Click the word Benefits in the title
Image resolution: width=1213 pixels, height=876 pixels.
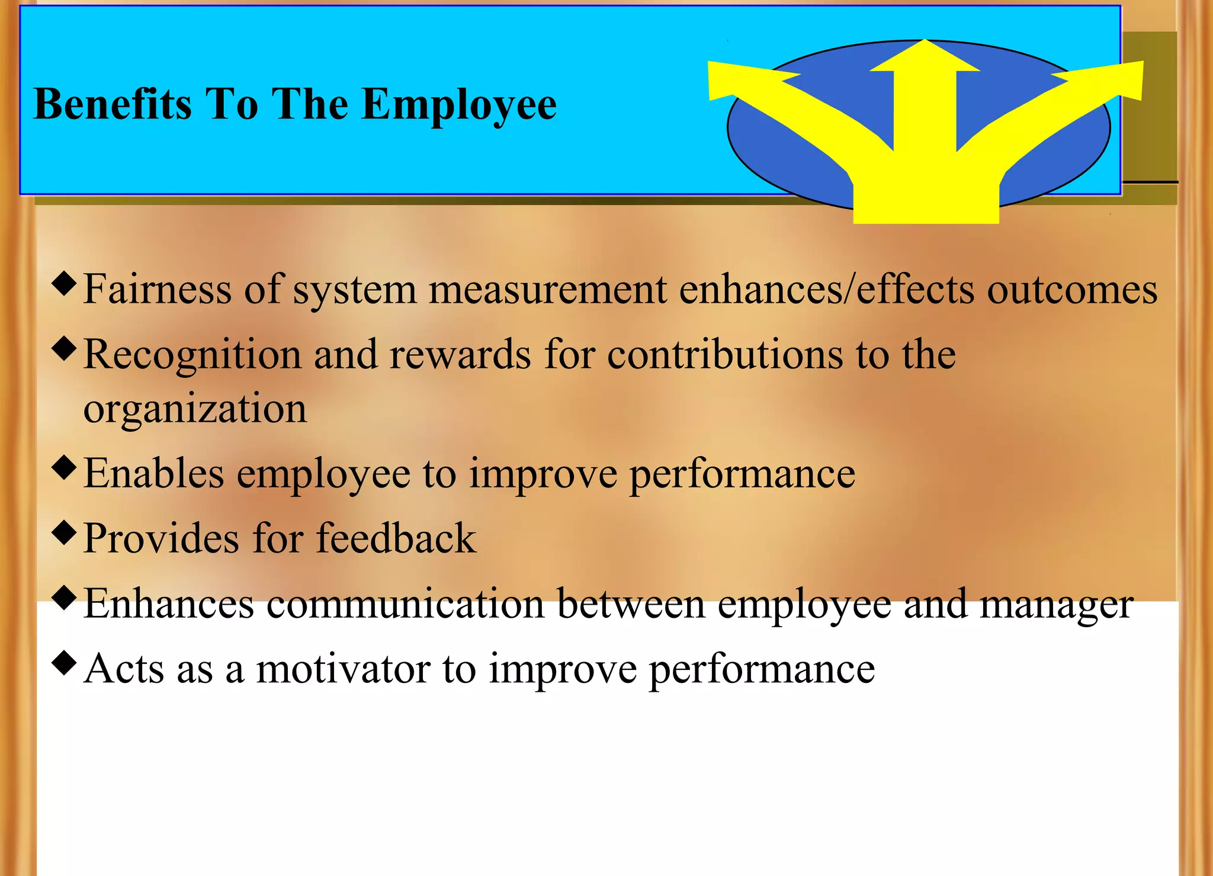tap(113, 104)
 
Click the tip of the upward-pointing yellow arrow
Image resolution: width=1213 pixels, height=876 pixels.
tap(925, 43)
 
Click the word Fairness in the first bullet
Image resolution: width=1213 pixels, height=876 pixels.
tap(157, 289)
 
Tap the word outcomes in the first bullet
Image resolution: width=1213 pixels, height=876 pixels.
tap(1072, 290)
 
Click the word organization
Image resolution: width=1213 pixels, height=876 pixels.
tap(195, 409)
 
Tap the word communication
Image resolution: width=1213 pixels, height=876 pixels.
tap(405, 604)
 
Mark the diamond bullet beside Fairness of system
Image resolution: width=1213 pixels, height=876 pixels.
tap(64, 283)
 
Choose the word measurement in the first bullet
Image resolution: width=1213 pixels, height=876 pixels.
tap(548, 290)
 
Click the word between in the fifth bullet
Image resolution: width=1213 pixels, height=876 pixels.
tap(631, 604)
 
